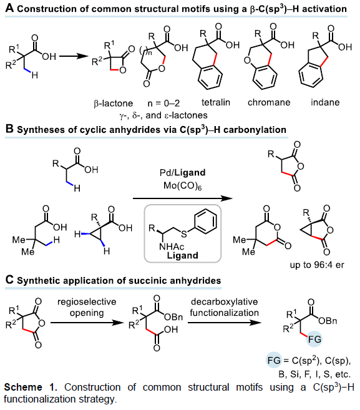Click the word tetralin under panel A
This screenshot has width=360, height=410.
coord(216,102)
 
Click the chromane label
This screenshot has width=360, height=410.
coord(269,102)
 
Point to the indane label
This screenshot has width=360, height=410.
coord(325,102)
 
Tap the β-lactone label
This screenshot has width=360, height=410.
coord(113,104)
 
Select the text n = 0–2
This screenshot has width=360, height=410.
coord(163,104)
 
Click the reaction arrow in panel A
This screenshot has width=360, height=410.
coord(74,56)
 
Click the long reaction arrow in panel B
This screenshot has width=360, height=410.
coord(182,198)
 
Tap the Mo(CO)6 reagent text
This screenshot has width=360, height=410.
coord(182,185)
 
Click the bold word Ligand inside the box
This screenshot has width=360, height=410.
coord(182,255)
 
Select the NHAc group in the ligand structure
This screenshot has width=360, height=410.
coord(171,246)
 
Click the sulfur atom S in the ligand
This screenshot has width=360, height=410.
coord(184,234)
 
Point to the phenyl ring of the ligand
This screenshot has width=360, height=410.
coord(206,221)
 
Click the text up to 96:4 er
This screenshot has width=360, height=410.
coord(317,265)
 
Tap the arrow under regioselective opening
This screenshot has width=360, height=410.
coord(87,323)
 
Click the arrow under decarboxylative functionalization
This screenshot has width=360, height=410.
coord(225,323)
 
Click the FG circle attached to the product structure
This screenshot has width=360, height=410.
coord(314,339)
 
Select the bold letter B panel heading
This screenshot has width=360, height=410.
coord(9,129)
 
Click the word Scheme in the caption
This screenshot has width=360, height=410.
coord(23,388)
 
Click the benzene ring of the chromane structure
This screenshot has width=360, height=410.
coord(265,77)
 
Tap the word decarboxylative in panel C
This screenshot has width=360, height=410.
coord(225,302)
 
